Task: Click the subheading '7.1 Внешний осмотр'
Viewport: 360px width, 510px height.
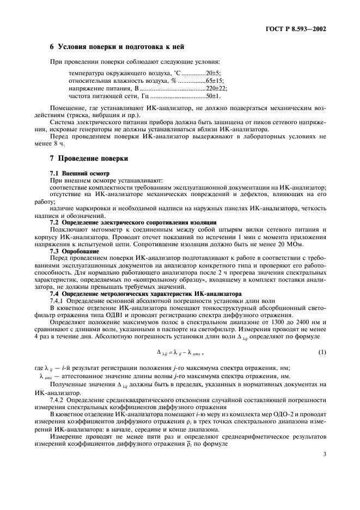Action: [79, 173]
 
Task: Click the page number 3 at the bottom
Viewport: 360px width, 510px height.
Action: [324, 483]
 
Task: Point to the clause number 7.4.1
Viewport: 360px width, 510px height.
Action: [59, 301]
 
